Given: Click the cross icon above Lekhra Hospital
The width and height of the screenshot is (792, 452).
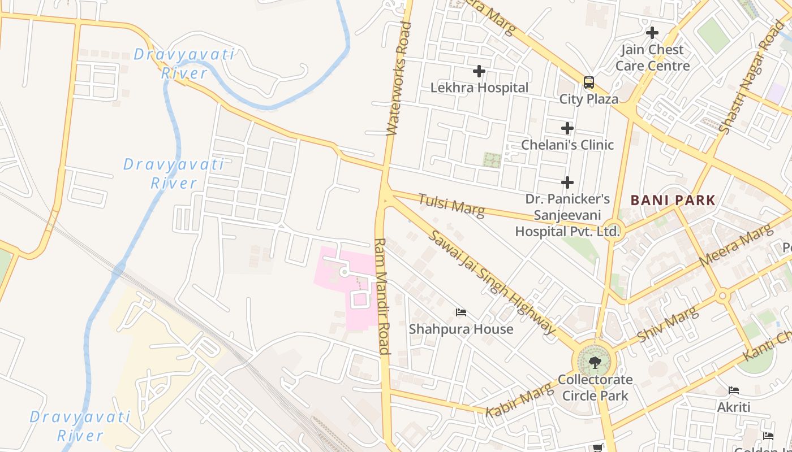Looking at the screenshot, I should (x=479, y=71).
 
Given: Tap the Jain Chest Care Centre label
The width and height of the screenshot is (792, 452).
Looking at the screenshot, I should (x=652, y=58).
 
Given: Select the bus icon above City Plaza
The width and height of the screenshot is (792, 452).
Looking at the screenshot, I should (x=589, y=82).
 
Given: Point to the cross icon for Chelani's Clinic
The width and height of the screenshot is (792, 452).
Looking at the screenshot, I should (x=567, y=128).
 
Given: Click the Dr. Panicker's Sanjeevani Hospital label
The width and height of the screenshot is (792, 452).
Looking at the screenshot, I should (x=567, y=215).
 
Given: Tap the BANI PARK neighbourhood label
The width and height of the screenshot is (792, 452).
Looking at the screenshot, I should (x=673, y=200).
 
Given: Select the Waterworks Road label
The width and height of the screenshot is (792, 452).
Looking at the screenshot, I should (x=398, y=79).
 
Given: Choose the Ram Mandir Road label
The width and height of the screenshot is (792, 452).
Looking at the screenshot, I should (x=382, y=296).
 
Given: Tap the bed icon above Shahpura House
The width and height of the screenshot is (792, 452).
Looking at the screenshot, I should (x=461, y=312).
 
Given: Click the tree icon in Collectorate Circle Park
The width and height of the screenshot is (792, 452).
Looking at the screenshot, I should (x=595, y=362).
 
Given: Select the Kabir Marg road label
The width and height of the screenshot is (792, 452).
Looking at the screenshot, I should (x=518, y=399).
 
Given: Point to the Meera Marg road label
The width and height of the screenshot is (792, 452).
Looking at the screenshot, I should (x=735, y=246).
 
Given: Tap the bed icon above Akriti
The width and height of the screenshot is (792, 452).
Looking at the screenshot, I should (x=734, y=390).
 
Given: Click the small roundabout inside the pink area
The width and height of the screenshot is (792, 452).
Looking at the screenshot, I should (x=343, y=272).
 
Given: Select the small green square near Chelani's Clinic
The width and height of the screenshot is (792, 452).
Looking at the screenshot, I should (x=492, y=159).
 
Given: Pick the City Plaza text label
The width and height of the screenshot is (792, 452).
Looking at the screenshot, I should (x=589, y=99).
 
